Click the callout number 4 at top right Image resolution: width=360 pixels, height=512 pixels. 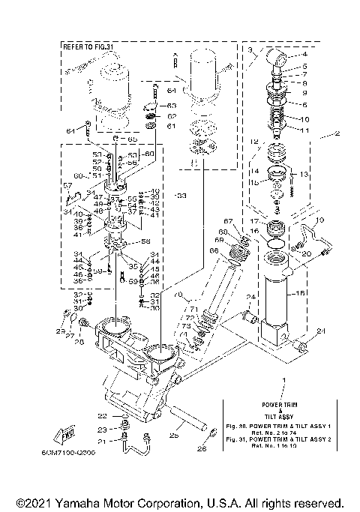tap(304, 54)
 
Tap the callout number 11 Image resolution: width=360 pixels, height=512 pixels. tap(305, 130)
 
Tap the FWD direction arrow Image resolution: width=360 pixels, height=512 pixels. tap(63, 436)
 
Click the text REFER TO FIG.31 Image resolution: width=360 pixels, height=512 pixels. tap(85, 46)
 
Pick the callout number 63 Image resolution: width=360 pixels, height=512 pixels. tap(171, 106)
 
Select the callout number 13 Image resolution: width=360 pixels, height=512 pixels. tap(306, 175)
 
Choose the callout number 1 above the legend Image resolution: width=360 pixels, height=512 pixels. tap(283, 381)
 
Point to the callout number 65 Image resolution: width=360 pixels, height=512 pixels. tap(132, 139)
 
